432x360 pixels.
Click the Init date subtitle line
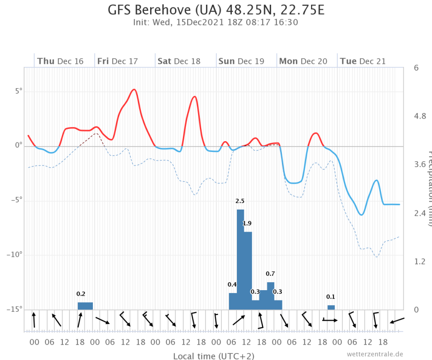(216, 22)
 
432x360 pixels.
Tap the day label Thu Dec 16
(60, 61)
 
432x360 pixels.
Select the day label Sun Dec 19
(241, 61)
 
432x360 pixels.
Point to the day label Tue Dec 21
(363, 61)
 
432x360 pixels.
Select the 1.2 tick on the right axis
(420, 261)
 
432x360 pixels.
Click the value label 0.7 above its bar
(270, 274)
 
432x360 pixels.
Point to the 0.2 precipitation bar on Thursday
(85, 306)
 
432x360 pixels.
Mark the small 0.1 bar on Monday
(331, 307)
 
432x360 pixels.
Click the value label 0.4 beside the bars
(232, 285)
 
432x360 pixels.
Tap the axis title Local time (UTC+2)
(214, 356)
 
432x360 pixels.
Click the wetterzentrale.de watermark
(375, 354)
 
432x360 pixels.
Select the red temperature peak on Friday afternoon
(134, 90)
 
